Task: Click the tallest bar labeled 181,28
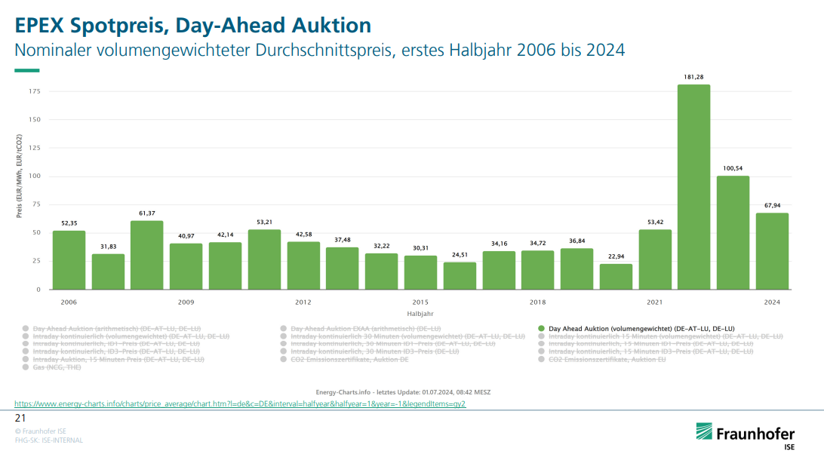coord(693,187)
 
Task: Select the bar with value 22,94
coord(616,277)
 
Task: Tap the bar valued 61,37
coord(146,255)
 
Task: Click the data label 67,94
coord(772,205)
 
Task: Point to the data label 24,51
coord(460,255)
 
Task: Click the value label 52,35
coord(69,223)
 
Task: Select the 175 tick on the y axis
coord(35,91)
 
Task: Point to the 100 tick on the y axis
coord(35,176)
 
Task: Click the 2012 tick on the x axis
coord(303,302)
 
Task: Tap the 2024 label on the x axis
coord(772,302)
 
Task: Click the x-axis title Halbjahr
coord(420,314)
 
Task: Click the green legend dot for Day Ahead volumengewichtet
coord(542,330)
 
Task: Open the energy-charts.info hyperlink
coord(240,404)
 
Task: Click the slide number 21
coord(20,418)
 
